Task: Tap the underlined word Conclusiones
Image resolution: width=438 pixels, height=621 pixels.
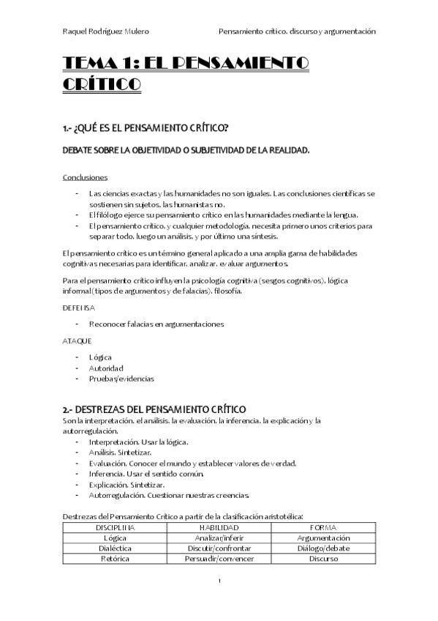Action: point(86,176)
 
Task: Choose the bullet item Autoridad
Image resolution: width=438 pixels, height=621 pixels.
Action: point(106,368)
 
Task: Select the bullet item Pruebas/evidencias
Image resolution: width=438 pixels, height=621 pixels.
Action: point(121,379)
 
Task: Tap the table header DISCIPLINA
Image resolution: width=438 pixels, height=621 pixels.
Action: point(116,527)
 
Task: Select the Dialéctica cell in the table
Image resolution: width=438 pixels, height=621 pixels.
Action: point(116,548)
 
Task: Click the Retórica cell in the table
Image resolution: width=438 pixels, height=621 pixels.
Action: point(116,558)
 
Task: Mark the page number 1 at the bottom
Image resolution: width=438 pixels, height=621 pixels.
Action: point(219,581)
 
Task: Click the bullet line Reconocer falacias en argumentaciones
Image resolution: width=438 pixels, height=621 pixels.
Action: point(156,324)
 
